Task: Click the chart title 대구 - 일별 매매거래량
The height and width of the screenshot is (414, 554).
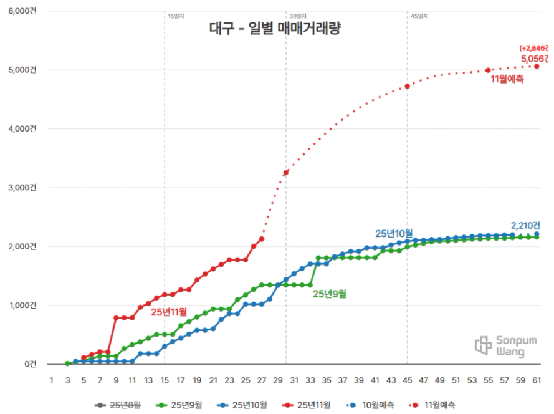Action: coord(275,29)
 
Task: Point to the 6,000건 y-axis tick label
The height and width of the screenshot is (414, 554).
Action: coord(22,11)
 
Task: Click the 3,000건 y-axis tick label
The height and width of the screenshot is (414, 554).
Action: coord(22,188)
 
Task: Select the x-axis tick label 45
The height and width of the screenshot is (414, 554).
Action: coord(407,380)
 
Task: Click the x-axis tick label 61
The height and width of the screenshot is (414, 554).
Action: coord(537,380)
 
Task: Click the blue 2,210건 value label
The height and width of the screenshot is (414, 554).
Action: coord(525,225)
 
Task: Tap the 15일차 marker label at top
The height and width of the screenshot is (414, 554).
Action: coord(176,16)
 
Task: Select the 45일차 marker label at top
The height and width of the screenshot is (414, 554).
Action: coord(419,16)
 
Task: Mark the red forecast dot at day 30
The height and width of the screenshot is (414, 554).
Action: coord(285,173)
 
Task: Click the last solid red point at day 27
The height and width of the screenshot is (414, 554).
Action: coord(262,239)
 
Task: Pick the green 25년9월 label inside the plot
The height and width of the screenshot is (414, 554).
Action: coord(329,293)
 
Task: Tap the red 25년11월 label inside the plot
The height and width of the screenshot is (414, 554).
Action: coord(169,310)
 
